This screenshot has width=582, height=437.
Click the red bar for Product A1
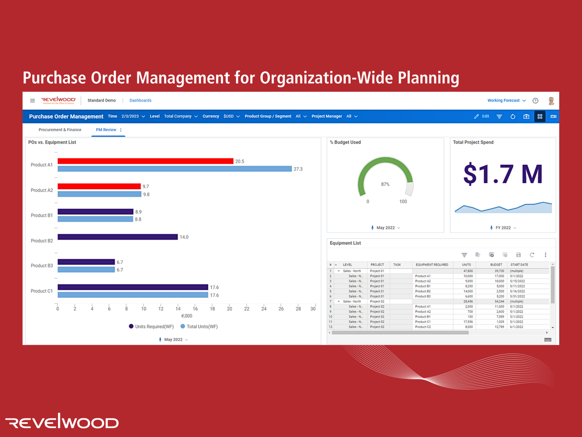point(145,161)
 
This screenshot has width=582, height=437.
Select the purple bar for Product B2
point(118,237)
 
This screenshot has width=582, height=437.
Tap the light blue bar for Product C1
point(133,295)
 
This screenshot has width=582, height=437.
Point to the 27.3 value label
point(298,169)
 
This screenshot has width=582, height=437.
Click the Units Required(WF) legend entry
point(151,327)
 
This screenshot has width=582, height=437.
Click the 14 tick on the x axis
point(178,309)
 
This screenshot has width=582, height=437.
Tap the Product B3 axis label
point(42,266)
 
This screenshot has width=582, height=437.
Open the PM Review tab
point(106,130)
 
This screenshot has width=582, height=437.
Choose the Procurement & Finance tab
point(60,130)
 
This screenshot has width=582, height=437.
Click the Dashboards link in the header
point(140,100)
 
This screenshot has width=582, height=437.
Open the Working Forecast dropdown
point(506,100)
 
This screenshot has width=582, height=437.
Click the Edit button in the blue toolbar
point(482,116)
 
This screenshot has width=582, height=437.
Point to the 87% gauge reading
point(385,184)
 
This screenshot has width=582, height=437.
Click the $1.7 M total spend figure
point(502,174)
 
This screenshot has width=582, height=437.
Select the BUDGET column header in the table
point(496,265)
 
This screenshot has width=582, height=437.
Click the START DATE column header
point(519,265)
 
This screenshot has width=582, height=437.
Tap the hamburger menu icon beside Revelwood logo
point(33,101)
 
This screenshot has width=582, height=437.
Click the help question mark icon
point(535,101)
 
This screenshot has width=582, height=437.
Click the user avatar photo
point(551,101)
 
